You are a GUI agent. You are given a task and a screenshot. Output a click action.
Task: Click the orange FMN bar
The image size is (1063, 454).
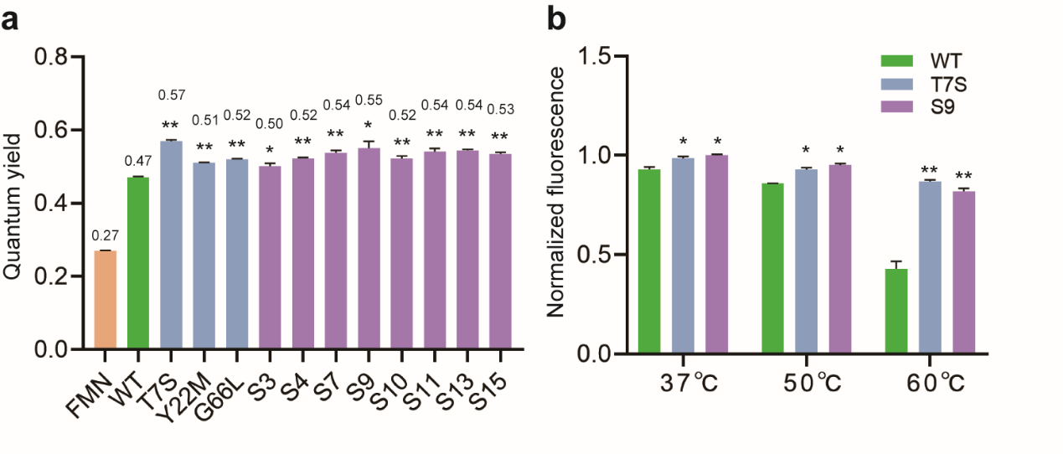pyautogui.click(x=105, y=299)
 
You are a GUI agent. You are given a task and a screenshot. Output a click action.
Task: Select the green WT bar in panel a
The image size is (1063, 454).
pyautogui.click(x=138, y=263)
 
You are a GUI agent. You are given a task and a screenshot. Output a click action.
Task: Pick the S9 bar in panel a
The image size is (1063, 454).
pyautogui.click(x=369, y=248)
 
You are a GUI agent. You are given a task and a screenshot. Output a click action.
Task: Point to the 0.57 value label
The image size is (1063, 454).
pyautogui.click(x=171, y=95)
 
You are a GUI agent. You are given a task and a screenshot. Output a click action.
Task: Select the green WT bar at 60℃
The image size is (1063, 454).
pyautogui.click(x=896, y=311)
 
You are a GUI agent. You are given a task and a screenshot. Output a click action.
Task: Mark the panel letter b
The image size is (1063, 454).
pyautogui.click(x=557, y=18)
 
